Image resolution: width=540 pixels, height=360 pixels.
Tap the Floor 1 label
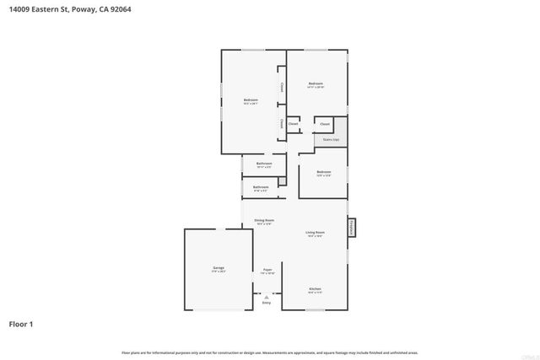(22, 323)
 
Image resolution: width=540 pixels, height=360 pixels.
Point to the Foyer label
(267, 271)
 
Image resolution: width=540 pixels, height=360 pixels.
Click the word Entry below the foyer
(267, 303)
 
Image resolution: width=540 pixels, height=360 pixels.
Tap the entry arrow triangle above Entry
(267, 296)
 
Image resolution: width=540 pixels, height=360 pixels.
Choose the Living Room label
(316, 234)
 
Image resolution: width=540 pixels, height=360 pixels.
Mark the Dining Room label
(264, 222)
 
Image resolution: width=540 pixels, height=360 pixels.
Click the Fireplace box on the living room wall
(352, 228)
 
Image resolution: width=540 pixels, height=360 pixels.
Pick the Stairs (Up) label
(331, 140)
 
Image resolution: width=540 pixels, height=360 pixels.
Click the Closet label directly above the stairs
(325, 124)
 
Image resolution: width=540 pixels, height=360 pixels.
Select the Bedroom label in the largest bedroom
(251, 101)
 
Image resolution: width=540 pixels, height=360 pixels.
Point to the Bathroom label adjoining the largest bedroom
(264, 164)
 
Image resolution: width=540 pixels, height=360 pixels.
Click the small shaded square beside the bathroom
(283, 180)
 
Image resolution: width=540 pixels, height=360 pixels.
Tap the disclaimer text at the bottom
(270, 352)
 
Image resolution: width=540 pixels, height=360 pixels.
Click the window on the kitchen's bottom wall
(315, 309)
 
